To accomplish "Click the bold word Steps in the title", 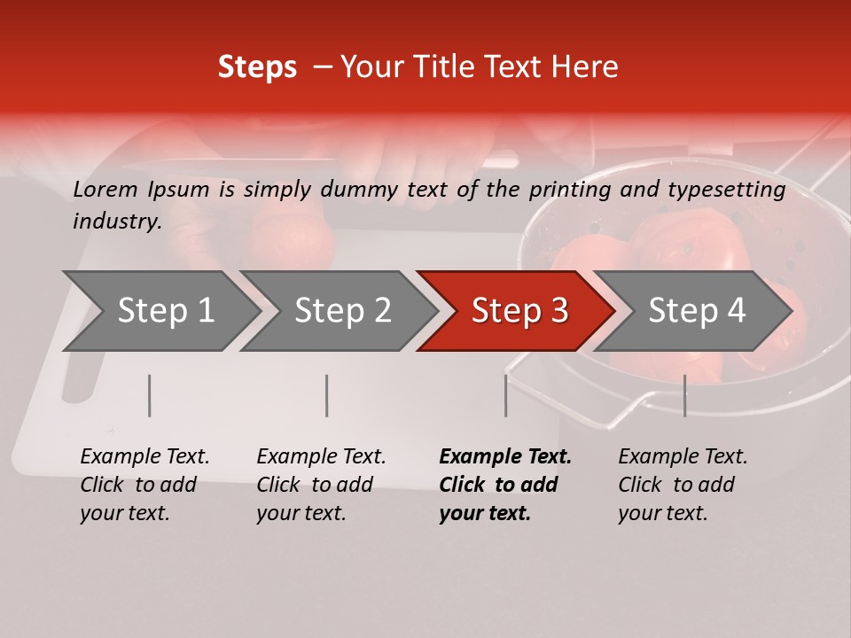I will point(257,67).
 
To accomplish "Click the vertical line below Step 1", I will point(149,395).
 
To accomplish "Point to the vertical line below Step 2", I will point(327,395).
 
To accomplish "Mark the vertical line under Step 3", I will point(505,395).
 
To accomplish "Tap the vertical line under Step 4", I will point(684,395).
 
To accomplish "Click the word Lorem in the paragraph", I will point(105,190).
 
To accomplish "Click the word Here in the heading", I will point(589,67).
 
